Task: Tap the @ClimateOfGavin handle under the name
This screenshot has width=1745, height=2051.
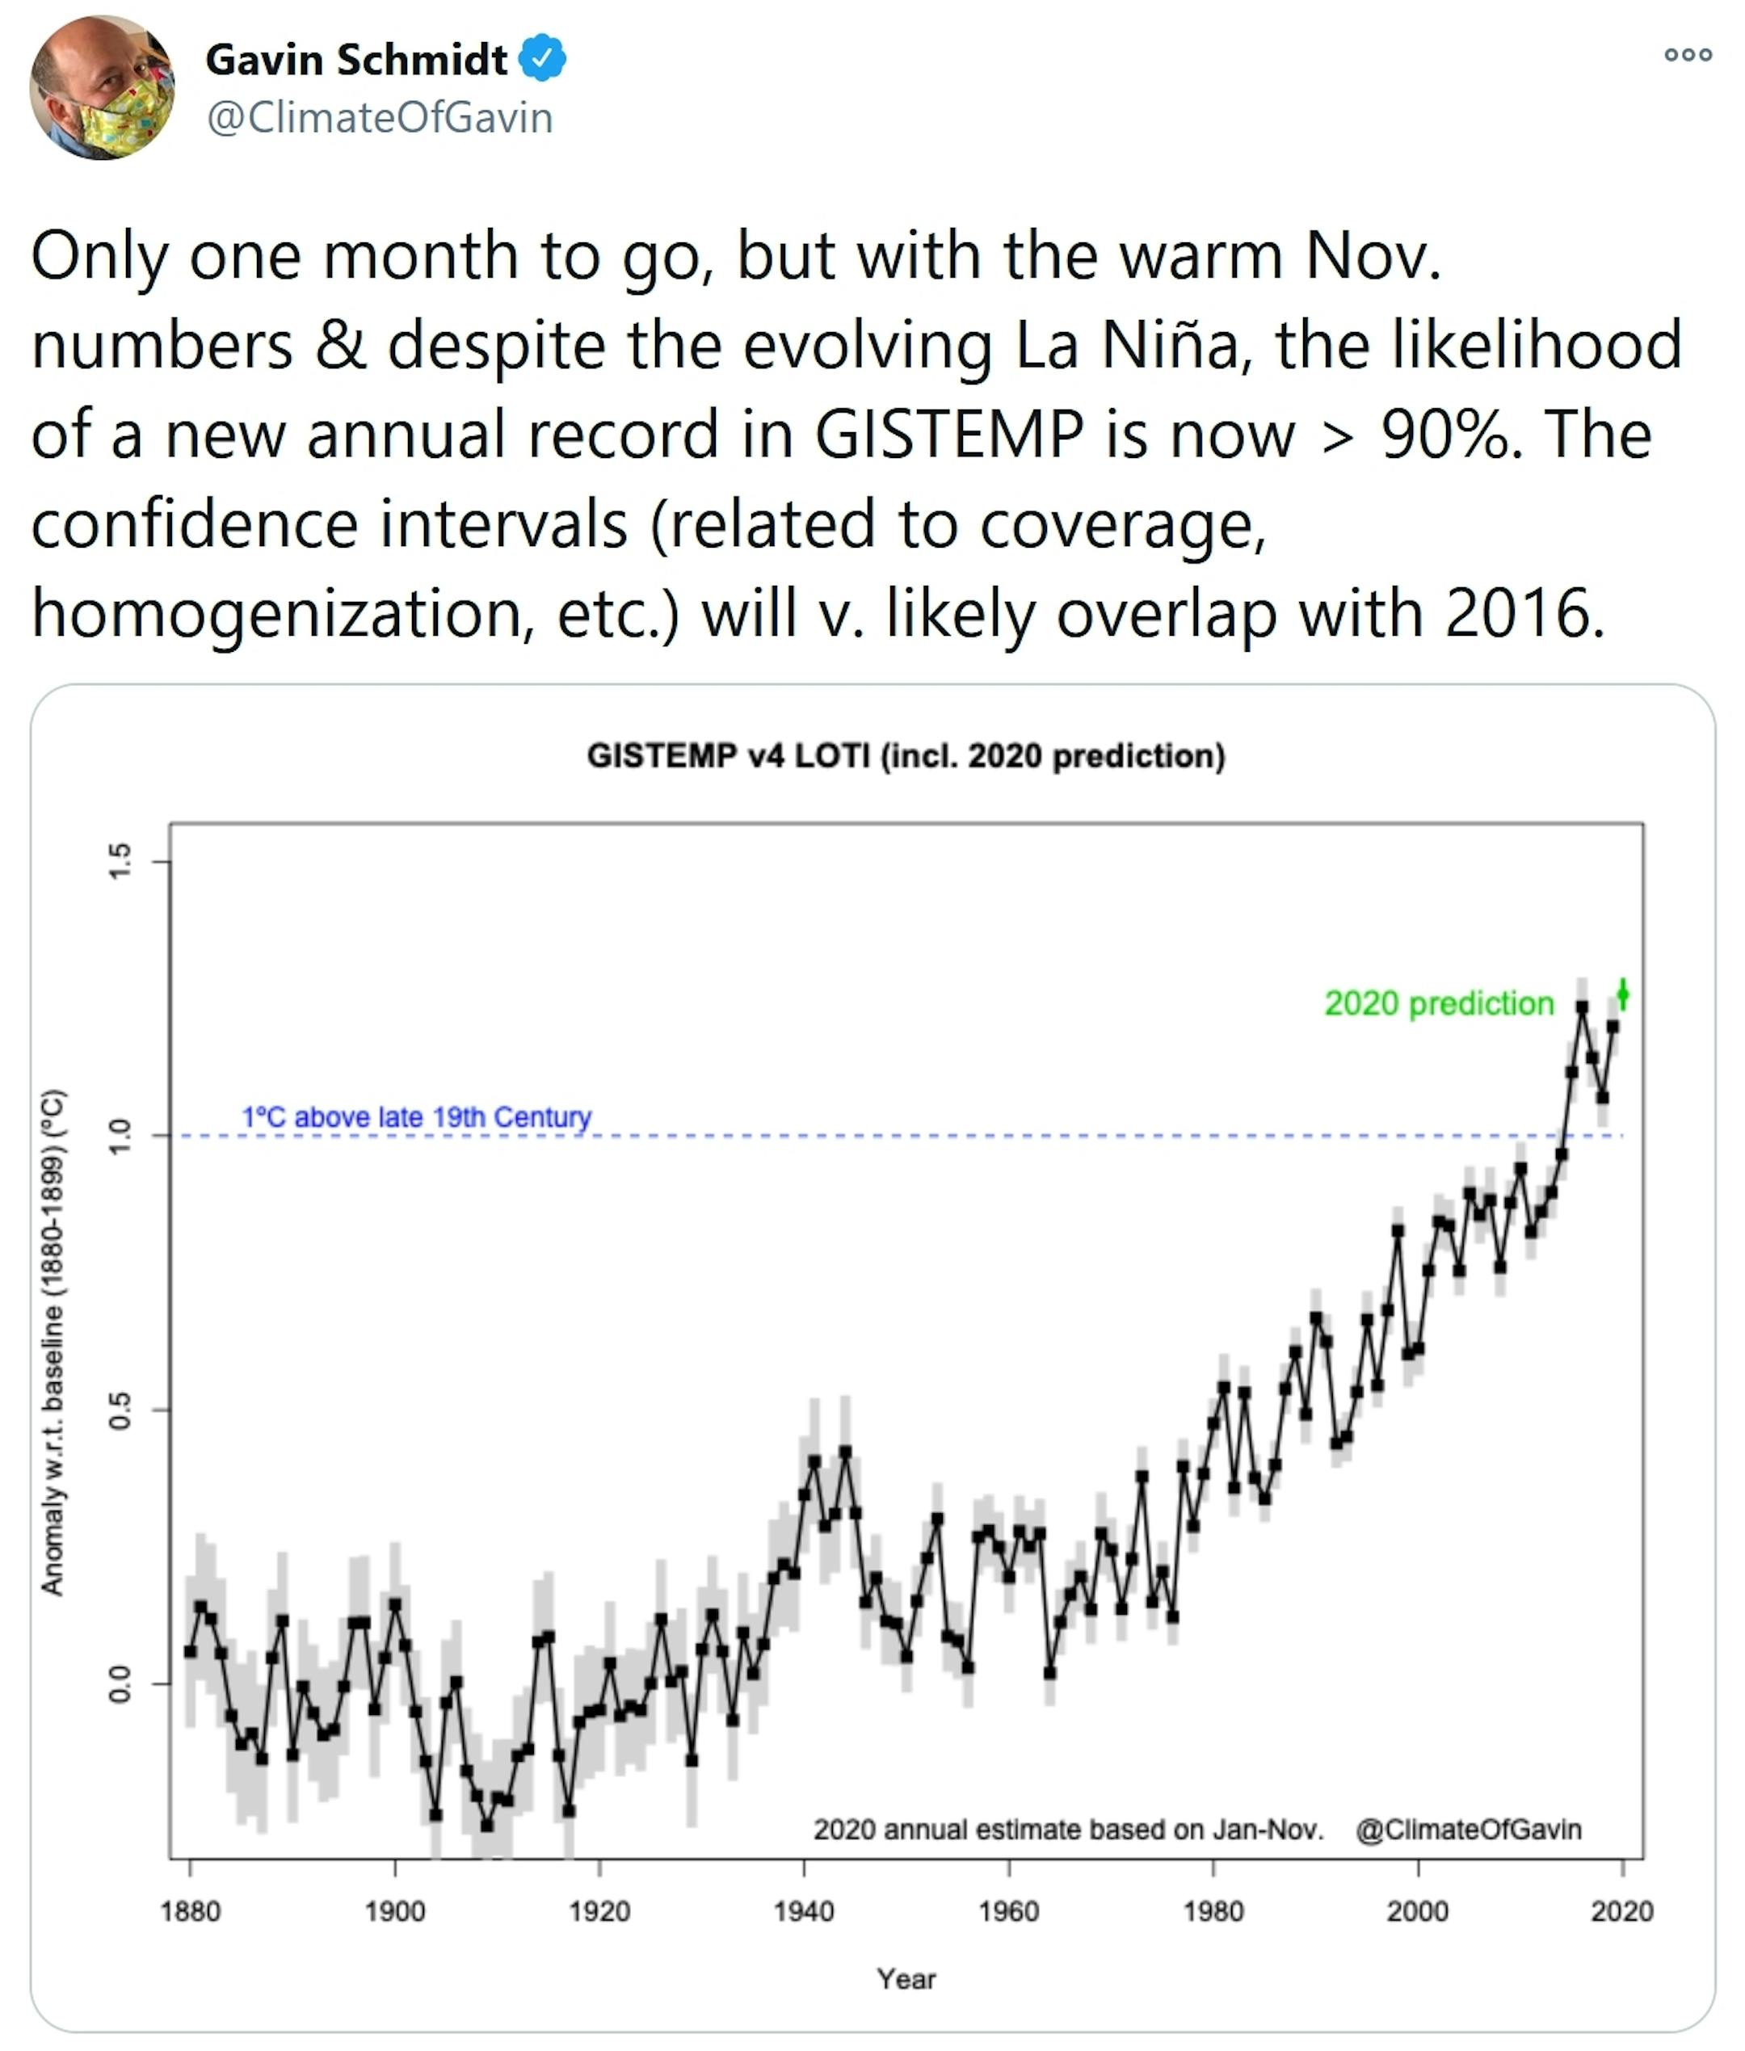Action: pos(379,118)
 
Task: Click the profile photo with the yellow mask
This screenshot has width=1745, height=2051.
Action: pos(103,88)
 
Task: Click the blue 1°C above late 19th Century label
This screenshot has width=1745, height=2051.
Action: pos(417,1116)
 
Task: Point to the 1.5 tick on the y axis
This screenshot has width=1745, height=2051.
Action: pos(120,860)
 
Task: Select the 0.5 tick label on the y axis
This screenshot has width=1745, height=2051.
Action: pos(120,1410)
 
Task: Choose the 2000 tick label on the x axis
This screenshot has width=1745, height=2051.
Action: pos(1418,1910)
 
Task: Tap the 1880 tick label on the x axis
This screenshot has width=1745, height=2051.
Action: pos(190,1910)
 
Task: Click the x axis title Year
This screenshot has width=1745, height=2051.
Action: pos(905,1979)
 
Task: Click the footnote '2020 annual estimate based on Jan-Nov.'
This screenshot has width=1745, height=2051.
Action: pos(1068,1830)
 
